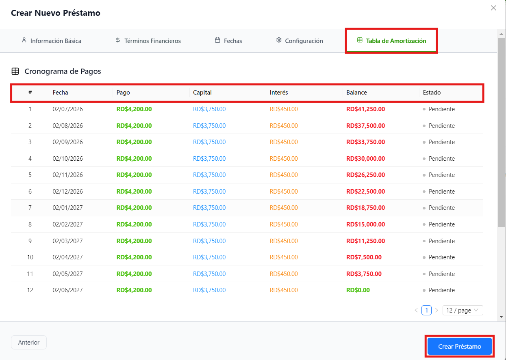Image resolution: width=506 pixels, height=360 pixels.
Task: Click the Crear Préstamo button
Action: pyautogui.click(x=460, y=346)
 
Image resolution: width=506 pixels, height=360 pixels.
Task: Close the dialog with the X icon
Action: pyautogui.click(x=493, y=8)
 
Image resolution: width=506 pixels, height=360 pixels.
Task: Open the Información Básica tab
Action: pyautogui.click(x=52, y=41)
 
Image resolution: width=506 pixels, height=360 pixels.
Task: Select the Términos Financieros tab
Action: pyautogui.click(x=148, y=41)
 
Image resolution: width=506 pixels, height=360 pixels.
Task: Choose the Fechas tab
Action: pyautogui.click(x=228, y=41)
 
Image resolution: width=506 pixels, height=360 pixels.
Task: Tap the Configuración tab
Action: pyautogui.click(x=300, y=41)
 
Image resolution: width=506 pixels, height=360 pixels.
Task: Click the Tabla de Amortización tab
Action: pyautogui.click(x=391, y=41)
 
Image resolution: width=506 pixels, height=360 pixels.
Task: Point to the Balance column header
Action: pyautogui.click(x=356, y=93)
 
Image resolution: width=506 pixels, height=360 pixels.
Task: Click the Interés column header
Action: pyautogui.click(x=279, y=93)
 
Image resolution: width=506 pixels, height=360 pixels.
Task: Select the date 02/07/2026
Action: pyautogui.click(x=68, y=109)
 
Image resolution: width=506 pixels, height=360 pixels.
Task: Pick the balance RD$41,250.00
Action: pyautogui.click(x=365, y=109)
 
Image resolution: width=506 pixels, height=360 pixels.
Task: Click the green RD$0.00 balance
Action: pyautogui.click(x=358, y=290)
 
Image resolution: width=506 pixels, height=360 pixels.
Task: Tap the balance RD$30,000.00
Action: pyautogui.click(x=365, y=159)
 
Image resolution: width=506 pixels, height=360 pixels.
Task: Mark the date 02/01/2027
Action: pyautogui.click(x=68, y=208)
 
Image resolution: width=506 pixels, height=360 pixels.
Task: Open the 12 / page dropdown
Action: pyautogui.click(x=463, y=310)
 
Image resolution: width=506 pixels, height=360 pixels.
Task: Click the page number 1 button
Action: pyautogui.click(x=426, y=310)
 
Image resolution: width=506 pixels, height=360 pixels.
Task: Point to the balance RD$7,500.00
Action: pyautogui.click(x=364, y=257)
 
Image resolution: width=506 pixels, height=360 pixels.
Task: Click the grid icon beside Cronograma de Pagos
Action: pyautogui.click(x=15, y=71)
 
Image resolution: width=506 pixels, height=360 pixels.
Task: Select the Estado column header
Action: pyautogui.click(x=432, y=93)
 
